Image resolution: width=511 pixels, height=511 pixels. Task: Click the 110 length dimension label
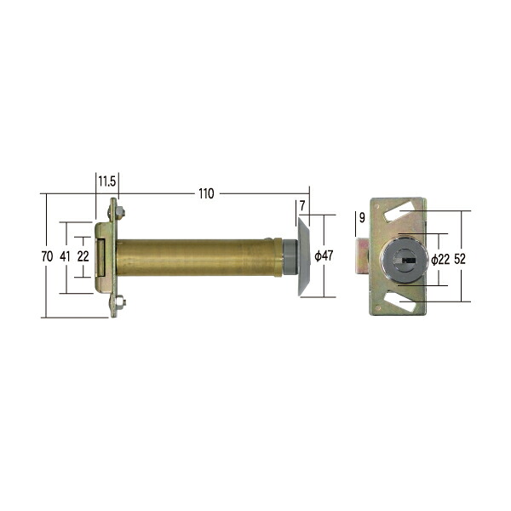coord(206,193)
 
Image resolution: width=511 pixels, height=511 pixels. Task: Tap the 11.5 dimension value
coord(107,181)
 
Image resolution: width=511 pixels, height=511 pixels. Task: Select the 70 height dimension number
coord(47,256)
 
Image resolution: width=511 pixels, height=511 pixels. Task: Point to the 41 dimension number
coord(65,256)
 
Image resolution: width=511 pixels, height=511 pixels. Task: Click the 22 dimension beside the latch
coord(83,256)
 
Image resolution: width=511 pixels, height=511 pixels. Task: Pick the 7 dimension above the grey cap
coord(302,206)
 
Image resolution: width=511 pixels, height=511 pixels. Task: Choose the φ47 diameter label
coord(324,255)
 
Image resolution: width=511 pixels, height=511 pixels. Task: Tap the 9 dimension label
coord(362,218)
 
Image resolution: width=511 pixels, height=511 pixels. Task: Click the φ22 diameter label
coord(440,260)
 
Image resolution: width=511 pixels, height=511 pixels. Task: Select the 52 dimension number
coord(460,259)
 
